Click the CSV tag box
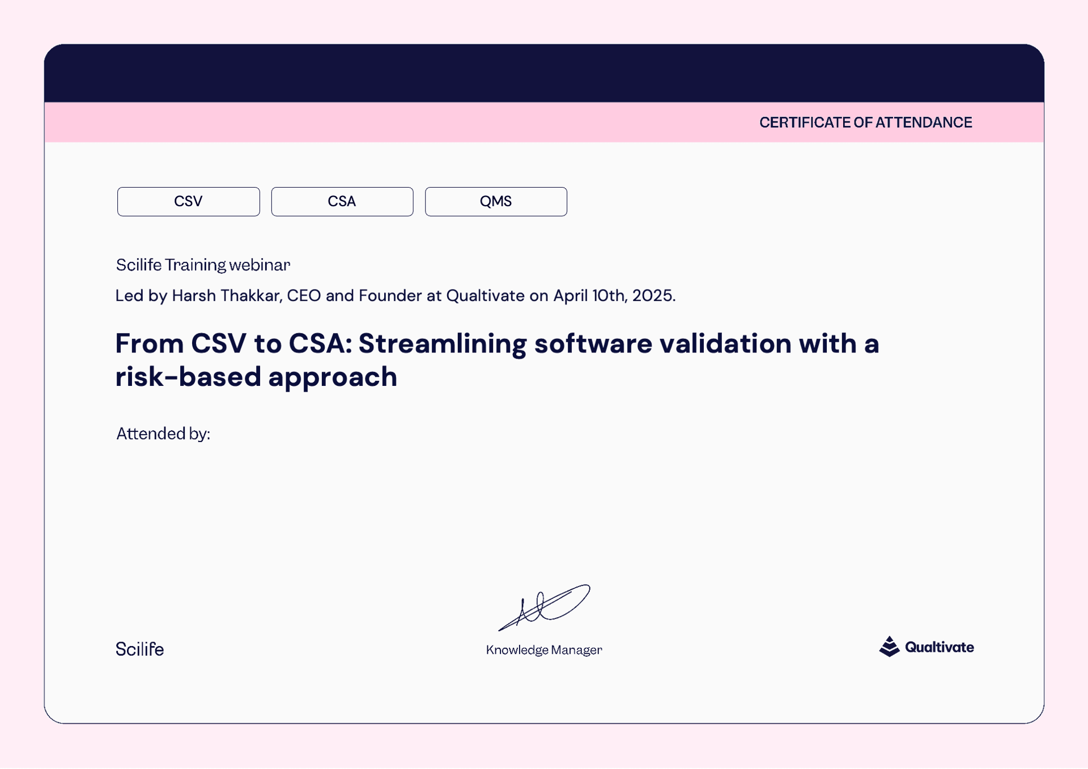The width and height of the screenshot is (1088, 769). tap(188, 201)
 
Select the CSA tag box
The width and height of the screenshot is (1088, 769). tap(342, 201)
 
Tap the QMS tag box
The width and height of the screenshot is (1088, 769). tap(496, 201)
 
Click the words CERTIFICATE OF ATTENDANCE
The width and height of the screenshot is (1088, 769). tap(865, 122)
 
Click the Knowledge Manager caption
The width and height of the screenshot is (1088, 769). tap(544, 650)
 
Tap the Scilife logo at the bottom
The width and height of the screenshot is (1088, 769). tap(139, 649)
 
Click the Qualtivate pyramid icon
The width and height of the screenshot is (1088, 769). tap(889, 647)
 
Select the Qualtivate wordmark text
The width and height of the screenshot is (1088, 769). tap(940, 647)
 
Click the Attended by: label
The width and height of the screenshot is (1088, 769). tap(163, 434)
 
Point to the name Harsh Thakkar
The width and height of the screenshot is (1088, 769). tap(226, 295)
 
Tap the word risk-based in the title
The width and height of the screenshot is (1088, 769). tap(188, 377)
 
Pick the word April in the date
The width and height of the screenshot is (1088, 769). tap(571, 296)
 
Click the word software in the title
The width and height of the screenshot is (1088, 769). tap(593, 343)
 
